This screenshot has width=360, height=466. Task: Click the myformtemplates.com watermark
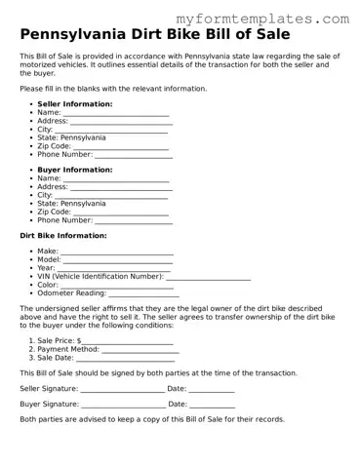click(x=276, y=19)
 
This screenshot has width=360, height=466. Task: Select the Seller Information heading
click(x=74, y=103)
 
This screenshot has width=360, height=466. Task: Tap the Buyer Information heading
click(x=74, y=170)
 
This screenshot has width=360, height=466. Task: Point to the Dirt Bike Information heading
click(x=63, y=236)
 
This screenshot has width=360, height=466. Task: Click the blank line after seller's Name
click(x=117, y=113)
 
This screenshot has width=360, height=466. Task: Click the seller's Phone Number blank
click(x=133, y=155)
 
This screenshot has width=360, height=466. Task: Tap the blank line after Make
click(x=117, y=252)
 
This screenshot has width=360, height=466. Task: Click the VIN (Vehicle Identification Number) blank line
click(x=209, y=278)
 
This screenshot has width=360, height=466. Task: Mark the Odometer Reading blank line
click(x=143, y=294)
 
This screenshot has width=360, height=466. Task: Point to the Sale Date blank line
click(x=125, y=359)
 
